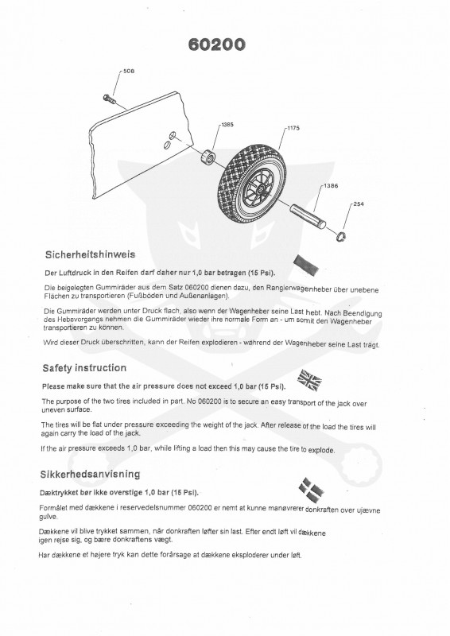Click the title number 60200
pos(216,45)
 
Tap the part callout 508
pos(129,72)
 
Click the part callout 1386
pos(329,186)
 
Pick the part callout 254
pos(359,204)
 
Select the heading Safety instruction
pos(83,368)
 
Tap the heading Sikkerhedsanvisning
pos(90,474)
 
